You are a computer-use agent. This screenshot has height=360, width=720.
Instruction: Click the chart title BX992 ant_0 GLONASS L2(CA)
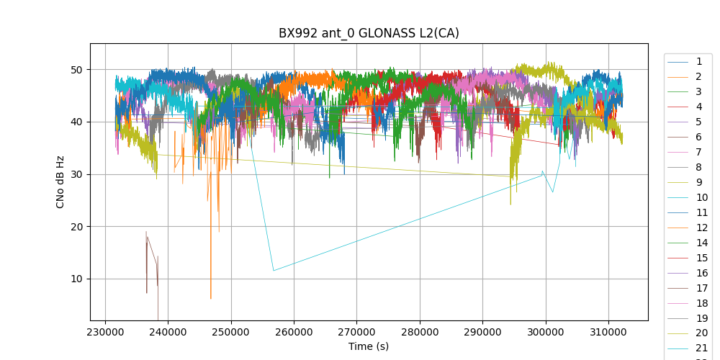coord(369,33)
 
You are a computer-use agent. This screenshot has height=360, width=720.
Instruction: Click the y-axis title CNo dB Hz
coord(60,181)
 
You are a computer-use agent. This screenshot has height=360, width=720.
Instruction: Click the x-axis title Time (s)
coord(369,346)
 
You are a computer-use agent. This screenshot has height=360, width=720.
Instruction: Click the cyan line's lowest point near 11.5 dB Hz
coord(274,271)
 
